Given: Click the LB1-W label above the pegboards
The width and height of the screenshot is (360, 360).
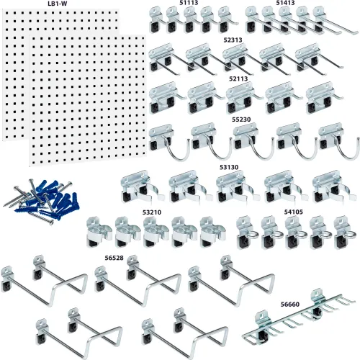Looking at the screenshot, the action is [58, 4].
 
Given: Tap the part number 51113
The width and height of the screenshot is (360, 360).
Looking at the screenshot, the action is [189, 3].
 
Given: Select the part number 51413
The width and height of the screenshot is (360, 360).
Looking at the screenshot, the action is [285, 3].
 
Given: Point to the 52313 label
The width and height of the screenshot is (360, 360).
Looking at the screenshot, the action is [233, 40].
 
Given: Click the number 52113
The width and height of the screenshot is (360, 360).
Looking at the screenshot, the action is [238, 78].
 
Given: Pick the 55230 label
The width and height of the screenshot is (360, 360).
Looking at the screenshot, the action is [241, 120].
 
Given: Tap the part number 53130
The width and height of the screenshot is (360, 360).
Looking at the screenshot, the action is [229, 167].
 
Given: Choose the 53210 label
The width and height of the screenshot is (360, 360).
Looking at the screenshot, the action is [152, 212].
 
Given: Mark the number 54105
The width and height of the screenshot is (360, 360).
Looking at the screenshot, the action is [294, 212].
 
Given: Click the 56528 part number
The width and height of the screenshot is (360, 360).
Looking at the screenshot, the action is [114, 258].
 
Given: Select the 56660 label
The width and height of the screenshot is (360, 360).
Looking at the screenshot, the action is [290, 305].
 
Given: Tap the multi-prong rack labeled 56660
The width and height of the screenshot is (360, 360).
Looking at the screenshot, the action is [298, 317].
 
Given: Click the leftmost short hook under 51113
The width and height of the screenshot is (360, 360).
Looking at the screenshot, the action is [156, 20].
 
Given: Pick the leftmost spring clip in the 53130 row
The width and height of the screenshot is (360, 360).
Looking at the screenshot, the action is [141, 188].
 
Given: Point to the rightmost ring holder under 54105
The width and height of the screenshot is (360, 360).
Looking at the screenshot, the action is [343, 233].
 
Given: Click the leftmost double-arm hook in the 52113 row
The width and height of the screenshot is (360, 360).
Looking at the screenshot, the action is [166, 98].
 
